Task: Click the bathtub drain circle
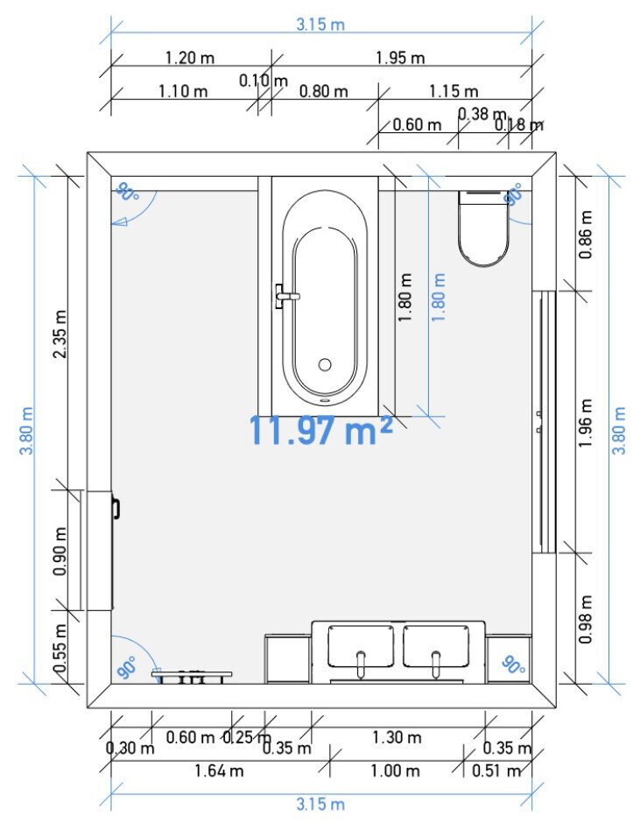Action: (x=325, y=364)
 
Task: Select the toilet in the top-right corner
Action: (x=483, y=229)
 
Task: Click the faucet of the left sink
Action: (x=361, y=664)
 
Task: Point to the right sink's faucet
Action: (x=436, y=664)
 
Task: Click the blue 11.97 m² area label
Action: (x=320, y=431)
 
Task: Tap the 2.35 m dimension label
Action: (x=60, y=334)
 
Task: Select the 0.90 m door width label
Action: (x=60, y=551)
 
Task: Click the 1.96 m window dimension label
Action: (x=586, y=423)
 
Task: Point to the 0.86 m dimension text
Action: (x=586, y=234)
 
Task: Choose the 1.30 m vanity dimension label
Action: (x=397, y=737)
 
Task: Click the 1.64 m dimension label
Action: (x=219, y=771)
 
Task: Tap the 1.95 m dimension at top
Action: (x=400, y=58)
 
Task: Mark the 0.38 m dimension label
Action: (x=482, y=114)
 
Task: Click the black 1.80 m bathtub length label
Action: (x=404, y=297)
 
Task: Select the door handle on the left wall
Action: (x=116, y=509)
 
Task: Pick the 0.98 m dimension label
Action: (x=586, y=619)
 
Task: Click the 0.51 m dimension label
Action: (x=496, y=771)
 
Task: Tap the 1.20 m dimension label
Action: (x=189, y=58)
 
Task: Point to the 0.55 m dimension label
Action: (x=60, y=648)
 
